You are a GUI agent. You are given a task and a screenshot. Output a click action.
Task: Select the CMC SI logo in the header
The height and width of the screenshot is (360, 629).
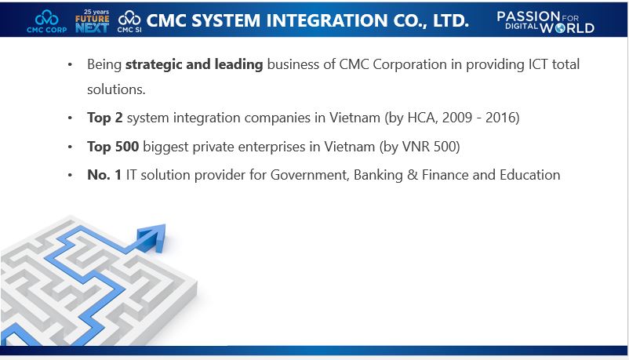(129, 20)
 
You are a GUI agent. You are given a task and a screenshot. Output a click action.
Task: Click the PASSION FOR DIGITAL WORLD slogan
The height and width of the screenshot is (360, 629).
(546, 21)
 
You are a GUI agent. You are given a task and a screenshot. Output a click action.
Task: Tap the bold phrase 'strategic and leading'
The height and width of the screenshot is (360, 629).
(194, 64)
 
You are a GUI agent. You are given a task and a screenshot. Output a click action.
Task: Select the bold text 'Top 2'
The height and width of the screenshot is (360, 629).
(105, 118)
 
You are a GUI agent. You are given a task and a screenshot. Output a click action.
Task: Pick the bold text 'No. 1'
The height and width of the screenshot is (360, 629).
(104, 175)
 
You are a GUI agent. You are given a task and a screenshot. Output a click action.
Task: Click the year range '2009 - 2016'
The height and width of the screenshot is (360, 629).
(482, 118)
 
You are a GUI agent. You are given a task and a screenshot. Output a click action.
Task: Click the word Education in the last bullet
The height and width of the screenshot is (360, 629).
(529, 175)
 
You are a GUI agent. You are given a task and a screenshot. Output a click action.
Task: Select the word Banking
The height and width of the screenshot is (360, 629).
(380, 175)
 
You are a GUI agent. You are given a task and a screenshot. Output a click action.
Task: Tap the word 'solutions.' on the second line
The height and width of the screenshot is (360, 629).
(116, 89)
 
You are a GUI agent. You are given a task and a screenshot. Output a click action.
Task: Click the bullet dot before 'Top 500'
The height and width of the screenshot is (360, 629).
(71, 147)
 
